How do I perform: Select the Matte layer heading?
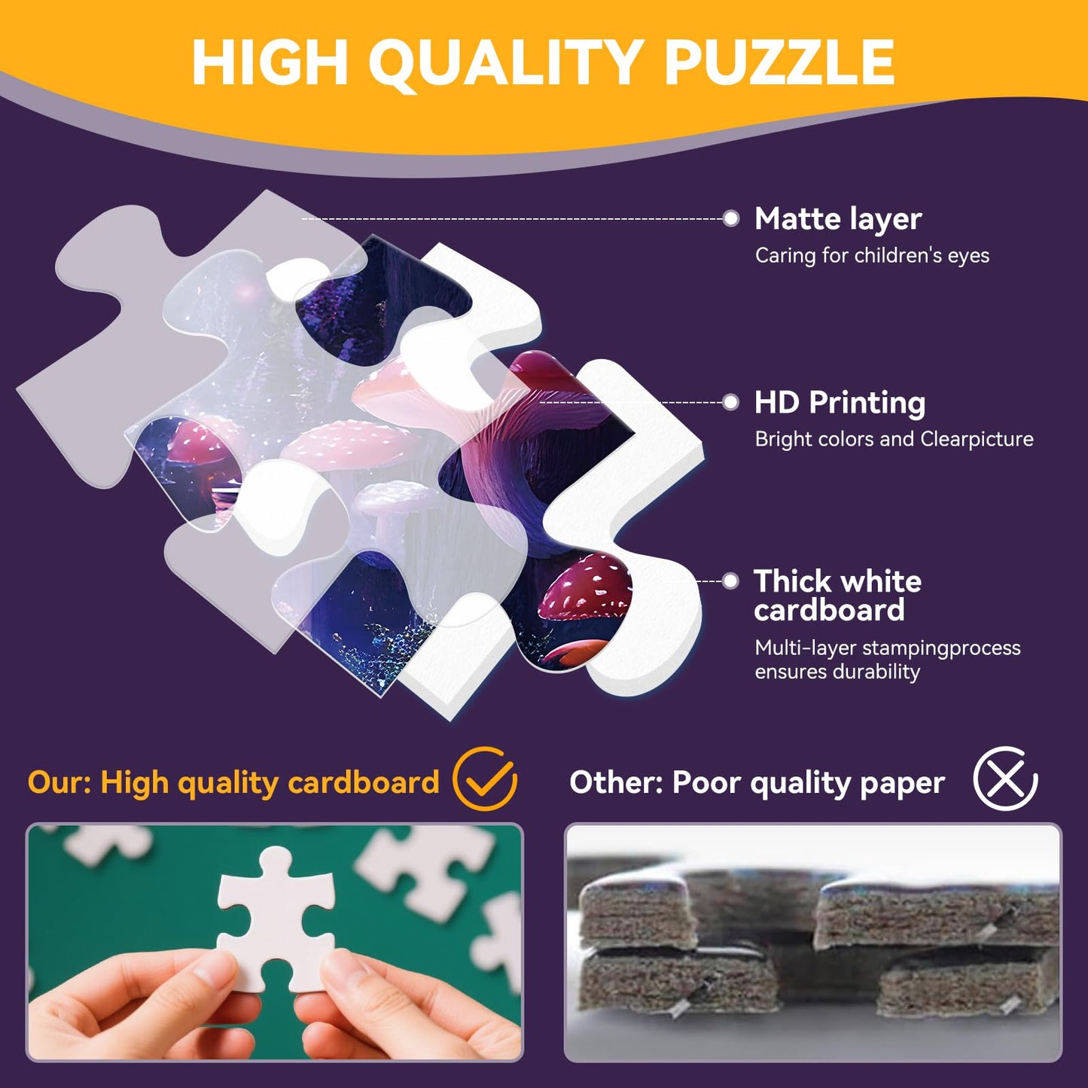[x=838, y=219]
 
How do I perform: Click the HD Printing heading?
[x=840, y=403]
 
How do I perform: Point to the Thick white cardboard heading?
[x=837, y=596]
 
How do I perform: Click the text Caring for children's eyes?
[x=872, y=256]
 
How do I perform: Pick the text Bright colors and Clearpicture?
[x=894, y=439]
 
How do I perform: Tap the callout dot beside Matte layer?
[x=730, y=218]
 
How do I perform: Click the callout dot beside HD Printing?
[x=730, y=402]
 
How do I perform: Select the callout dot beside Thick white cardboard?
[x=730, y=581]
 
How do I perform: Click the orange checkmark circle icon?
[x=484, y=779]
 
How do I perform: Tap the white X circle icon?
[x=1005, y=779]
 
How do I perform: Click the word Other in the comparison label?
[x=614, y=783]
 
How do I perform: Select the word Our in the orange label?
[x=58, y=783]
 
